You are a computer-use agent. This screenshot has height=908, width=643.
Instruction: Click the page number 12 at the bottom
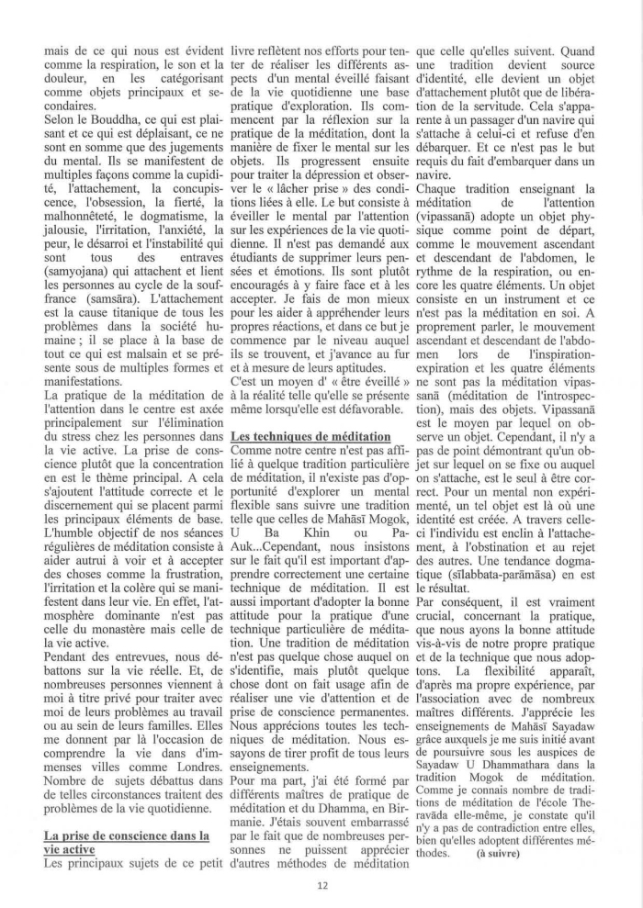click(321, 884)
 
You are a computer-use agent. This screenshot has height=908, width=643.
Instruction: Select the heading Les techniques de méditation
click(311, 434)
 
